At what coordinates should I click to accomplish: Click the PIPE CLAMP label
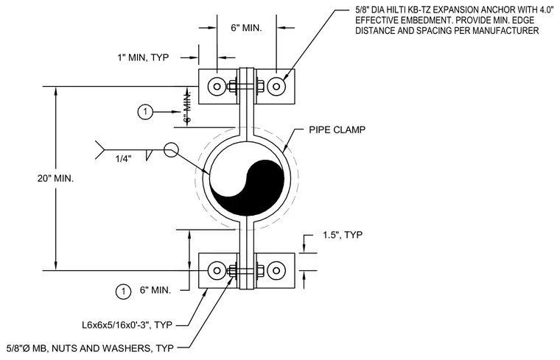tap(337, 130)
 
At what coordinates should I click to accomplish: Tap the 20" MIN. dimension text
tap(55, 178)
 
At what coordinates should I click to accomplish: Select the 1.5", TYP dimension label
tap(343, 235)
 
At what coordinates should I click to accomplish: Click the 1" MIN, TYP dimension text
tap(143, 57)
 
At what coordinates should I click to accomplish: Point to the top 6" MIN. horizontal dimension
tap(246, 28)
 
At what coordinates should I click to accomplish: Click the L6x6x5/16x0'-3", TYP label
tap(127, 325)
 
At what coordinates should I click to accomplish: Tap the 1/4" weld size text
tap(123, 159)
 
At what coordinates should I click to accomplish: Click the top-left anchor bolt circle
tap(217, 86)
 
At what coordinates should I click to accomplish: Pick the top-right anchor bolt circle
tap(276, 86)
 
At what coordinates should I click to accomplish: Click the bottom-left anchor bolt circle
tap(217, 270)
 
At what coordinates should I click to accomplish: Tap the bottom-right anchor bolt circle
tap(276, 270)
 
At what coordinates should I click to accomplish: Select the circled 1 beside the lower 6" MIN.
tap(123, 291)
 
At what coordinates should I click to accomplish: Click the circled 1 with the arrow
tap(145, 112)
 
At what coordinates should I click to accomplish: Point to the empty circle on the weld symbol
tap(171, 149)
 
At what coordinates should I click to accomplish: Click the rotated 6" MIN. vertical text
tap(187, 107)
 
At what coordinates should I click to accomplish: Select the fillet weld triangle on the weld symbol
tap(149, 155)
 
